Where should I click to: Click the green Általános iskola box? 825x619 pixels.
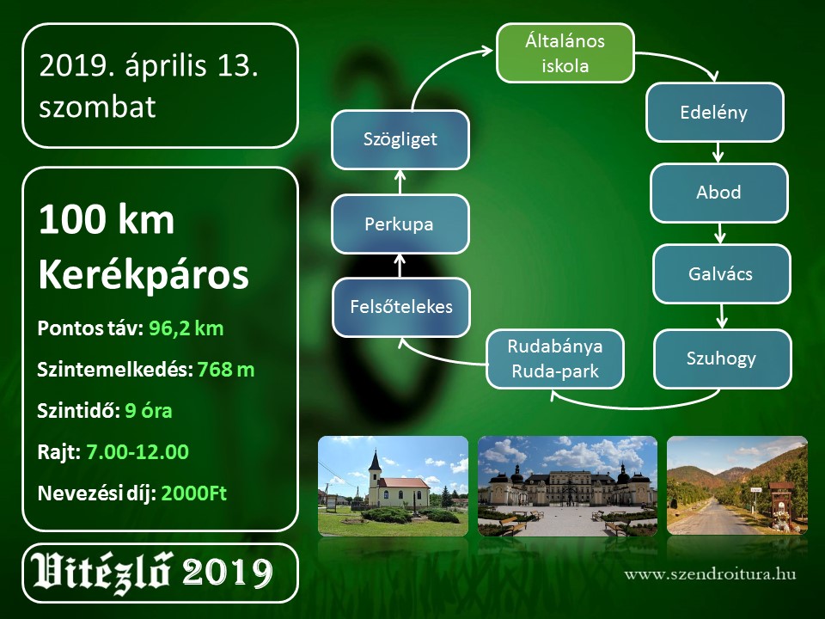point(565,53)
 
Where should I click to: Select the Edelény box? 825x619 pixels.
point(714,113)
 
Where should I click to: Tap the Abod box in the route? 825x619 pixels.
point(718,193)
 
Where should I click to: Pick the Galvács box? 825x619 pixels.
point(721,273)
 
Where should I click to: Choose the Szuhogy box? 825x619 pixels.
point(723,359)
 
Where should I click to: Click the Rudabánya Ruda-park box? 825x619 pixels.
point(555,359)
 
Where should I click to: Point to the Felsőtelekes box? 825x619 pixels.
point(401,308)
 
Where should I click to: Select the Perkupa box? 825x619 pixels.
point(400,224)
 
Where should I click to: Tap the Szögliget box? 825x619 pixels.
point(400,139)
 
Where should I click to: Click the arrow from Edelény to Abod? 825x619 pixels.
point(718,153)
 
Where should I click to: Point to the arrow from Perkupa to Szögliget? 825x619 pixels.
point(400,181)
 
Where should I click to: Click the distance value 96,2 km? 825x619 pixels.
point(186,328)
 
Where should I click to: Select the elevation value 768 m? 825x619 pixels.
point(226,370)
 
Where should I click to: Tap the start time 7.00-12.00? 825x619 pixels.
point(137,452)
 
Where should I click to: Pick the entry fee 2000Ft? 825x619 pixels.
point(193,493)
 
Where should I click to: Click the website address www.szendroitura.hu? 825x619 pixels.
point(710,573)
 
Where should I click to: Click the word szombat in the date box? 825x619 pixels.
point(97,107)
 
